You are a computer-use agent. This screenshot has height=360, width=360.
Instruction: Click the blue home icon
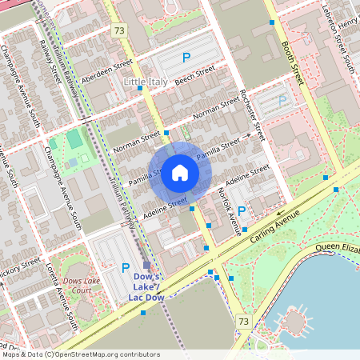click(x=180, y=173)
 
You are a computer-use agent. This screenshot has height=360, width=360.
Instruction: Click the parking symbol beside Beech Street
click(x=186, y=58)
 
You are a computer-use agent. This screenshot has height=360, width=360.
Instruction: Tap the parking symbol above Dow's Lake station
click(x=125, y=268)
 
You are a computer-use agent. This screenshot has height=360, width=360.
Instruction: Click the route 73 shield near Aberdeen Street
click(x=119, y=30)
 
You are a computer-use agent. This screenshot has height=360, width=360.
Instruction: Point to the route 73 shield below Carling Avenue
click(x=244, y=321)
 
